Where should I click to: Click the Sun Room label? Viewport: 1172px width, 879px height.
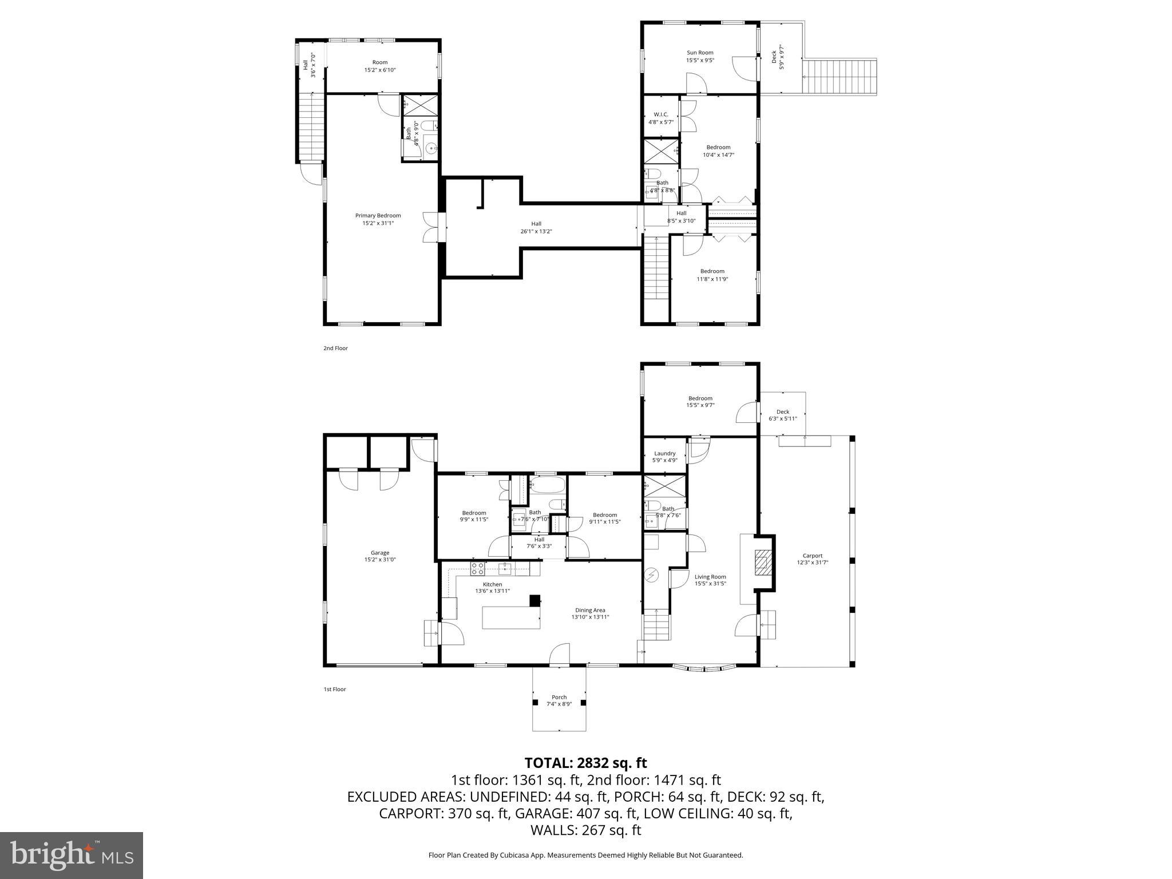pyautogui.click(x=700, y=53)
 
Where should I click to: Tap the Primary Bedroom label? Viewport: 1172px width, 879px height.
pyautogui.click(x=378, y=216)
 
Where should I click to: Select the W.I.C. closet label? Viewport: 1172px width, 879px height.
pyautogui.click(x=661, y=114)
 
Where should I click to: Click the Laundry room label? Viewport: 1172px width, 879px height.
pyautogui.click(x=665, y=453)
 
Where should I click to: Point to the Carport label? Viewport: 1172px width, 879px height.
pyautogui.click(x=812, y=556)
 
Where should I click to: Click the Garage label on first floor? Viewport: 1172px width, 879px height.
pyautogui.click(x=379, y=553)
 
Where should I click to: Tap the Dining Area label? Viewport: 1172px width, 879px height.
pyautogui.click(x=590, y=610)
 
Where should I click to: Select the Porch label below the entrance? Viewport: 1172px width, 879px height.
pyautogui.click(x=559, y=697)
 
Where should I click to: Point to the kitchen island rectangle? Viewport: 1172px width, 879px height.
pyautogui.click(x=511, y=617)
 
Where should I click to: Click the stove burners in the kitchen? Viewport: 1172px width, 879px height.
pyautogui.click(x=477, y=568)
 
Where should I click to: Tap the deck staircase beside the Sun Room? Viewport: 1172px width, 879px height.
pyautogui.click(x=840, y=77)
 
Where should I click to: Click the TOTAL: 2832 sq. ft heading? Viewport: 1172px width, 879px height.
pyautogui.click(x=585, y=763)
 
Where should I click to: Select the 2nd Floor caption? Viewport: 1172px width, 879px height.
pyautogui.click(x=335, y=348)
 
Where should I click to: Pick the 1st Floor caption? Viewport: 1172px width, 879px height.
pyautogui.click(x=334, y=689)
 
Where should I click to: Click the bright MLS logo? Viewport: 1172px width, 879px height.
pyautogui.click(x=72, y=855)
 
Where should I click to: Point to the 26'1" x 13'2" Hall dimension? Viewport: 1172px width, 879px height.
pyautogui.click(x=536, y=232)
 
